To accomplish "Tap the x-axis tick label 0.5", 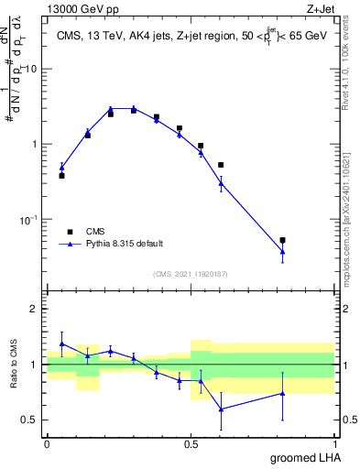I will pyautogui.click(x=191, y=443).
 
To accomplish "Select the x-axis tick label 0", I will pyautogui.click(x=47, y=443).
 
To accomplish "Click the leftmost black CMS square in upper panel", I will pyautogui.click(x=61, y=175).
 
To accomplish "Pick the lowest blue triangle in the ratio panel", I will pyautogui.click(x=221, y=409).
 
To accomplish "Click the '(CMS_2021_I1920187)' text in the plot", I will pyautogui.click(x=190, y=273).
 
